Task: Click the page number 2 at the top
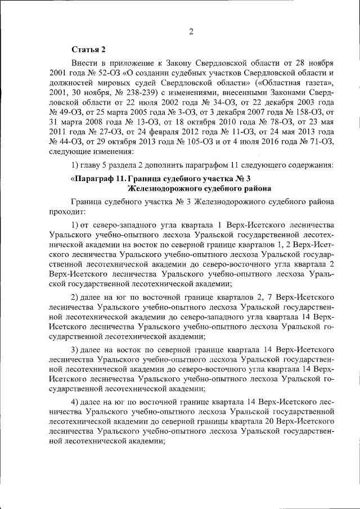coord(191,31)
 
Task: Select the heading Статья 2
coord(88,50)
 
